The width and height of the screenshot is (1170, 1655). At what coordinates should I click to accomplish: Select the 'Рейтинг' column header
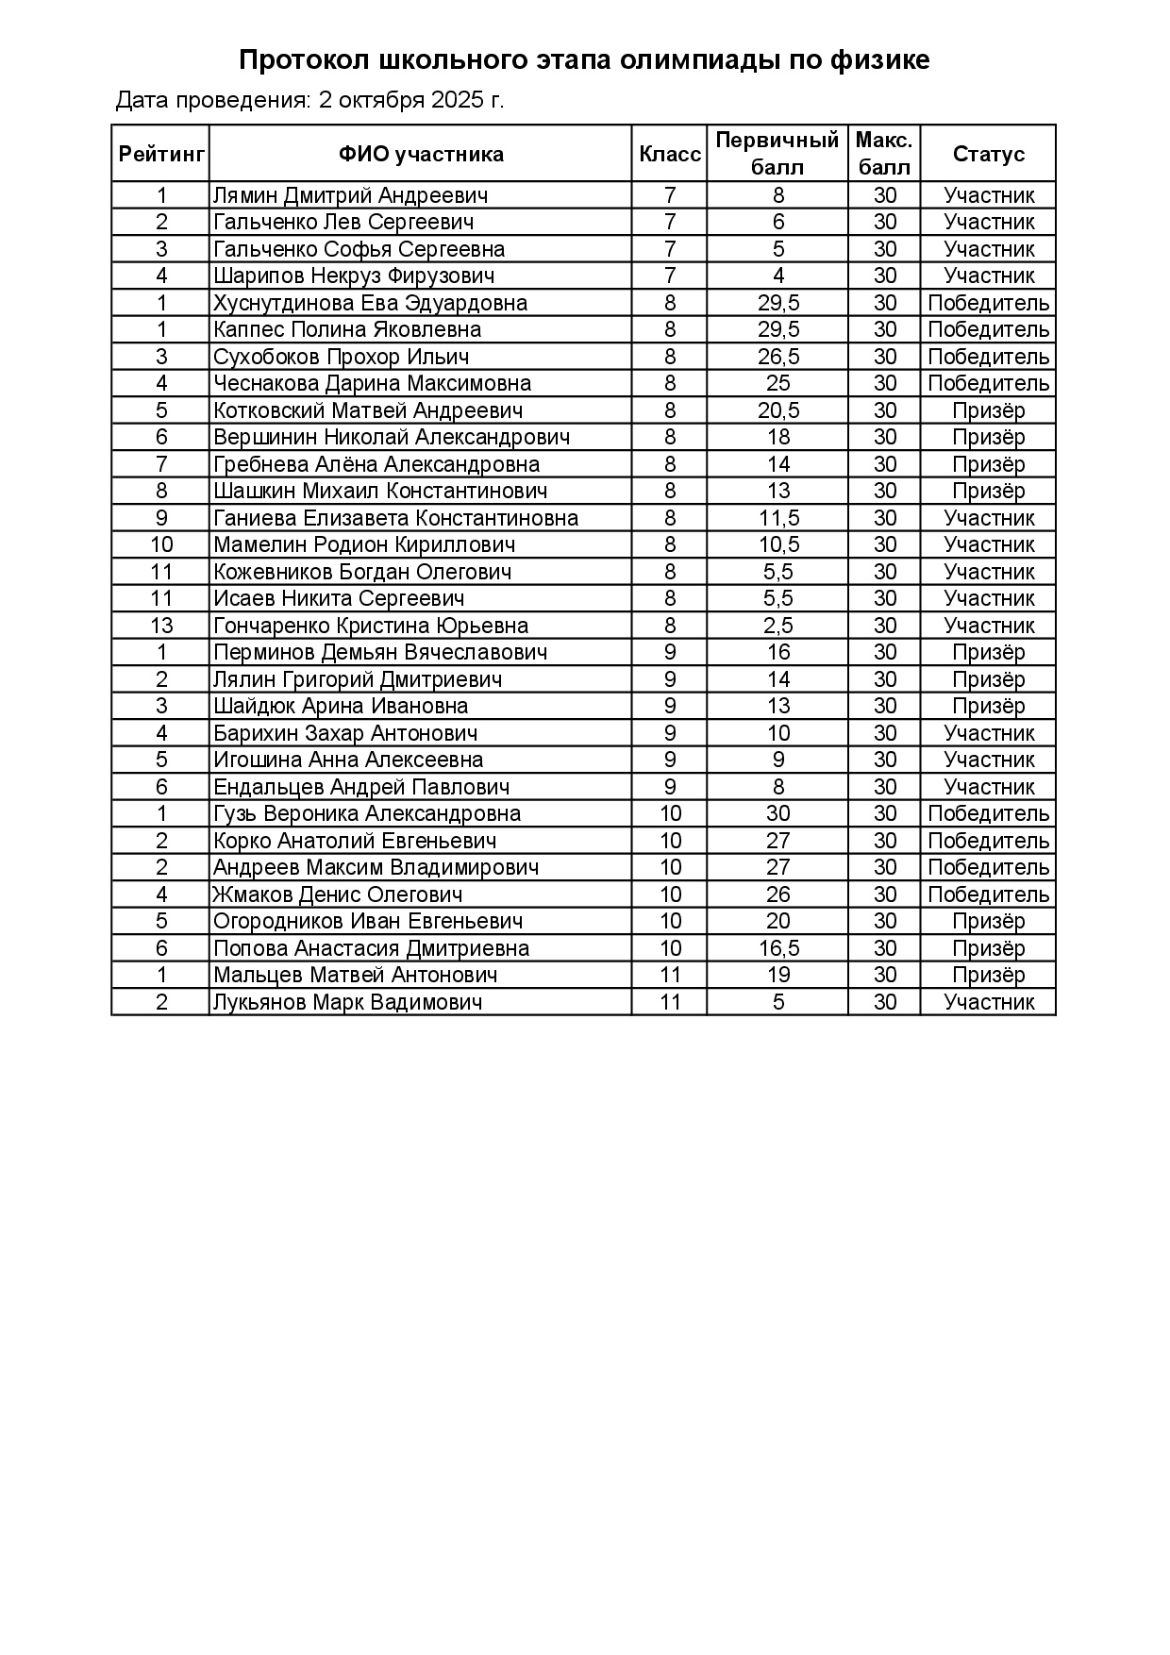[x=161, y=154]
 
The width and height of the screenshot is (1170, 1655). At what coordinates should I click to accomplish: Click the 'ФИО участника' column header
[x=421, y=154]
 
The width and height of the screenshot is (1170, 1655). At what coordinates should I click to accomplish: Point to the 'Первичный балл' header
[x=777, y=154]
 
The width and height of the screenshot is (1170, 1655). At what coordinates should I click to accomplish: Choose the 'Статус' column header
[x=988, y=154]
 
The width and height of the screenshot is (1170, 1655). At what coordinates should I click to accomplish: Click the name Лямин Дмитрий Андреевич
[x=351, y=195]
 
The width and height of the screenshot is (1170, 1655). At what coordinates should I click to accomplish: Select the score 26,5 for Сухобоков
[x=778, y=357]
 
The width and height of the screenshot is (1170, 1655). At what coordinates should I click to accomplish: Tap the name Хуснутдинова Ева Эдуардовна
[x=371, y=303]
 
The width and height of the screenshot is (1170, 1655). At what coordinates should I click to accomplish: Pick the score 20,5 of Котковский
[x=778, y=410]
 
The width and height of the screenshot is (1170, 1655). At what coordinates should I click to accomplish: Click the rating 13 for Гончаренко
[x=161, y=626]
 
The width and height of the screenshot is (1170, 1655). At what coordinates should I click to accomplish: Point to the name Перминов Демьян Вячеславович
[x=380, y=652]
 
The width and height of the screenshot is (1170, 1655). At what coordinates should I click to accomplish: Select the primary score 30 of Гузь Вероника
[x=778, y=813]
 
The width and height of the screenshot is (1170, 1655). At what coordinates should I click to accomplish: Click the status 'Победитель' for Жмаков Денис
[x=988, y=894]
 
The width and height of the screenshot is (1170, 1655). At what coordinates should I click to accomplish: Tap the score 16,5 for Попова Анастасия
[x=778, y=948]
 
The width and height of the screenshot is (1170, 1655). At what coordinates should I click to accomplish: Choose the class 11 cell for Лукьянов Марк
[x=670, y=1002]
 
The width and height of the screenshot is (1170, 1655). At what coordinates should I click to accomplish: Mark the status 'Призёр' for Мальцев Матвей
[x=988, y=975]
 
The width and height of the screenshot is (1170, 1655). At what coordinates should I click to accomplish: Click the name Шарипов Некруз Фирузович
[x=354, y=276]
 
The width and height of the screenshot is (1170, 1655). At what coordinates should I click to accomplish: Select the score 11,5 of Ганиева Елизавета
[x=778, y=518]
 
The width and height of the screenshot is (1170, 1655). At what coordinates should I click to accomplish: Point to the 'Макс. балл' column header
[x=884, y=154]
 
